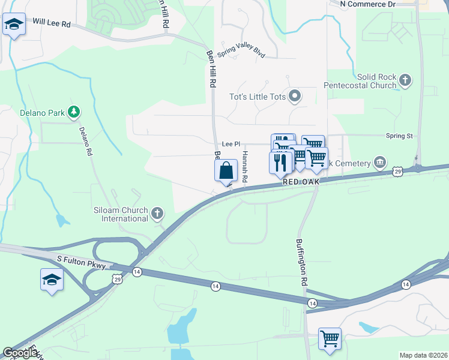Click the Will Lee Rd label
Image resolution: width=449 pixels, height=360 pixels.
[52, 22]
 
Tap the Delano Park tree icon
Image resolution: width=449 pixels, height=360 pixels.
[73, 111]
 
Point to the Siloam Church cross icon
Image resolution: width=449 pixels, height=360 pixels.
[157, 213]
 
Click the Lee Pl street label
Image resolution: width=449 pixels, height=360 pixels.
[231, 145]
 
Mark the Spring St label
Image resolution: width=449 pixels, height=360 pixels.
[399, 136]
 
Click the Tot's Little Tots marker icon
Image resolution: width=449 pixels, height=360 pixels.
[295, 96]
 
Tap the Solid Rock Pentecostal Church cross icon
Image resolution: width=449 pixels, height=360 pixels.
[405, 80]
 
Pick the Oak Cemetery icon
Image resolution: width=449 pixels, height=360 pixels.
[379, 162]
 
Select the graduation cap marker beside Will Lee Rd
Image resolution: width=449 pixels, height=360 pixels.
[13, 25]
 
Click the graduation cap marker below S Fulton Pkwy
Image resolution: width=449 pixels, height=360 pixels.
[52, 280]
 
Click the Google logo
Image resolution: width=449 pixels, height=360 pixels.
[20, 353]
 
